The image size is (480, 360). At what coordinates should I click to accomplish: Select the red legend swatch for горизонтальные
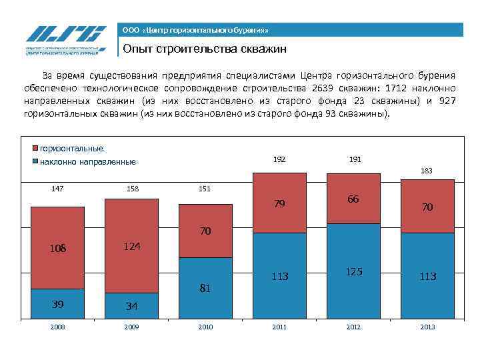coord(35,149)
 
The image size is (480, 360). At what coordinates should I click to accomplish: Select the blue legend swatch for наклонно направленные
coord(35,161)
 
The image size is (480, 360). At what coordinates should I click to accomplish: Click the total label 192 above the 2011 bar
coord(279,160)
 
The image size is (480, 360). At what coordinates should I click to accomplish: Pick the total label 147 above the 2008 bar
coord(57,189)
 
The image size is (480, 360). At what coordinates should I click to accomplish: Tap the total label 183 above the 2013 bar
coord(427,171)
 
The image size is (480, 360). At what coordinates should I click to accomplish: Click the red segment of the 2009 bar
coord(131,227)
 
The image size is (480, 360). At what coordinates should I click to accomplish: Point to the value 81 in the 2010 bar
coord(205,289)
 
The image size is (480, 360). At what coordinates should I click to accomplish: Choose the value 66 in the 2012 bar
coord(353,199)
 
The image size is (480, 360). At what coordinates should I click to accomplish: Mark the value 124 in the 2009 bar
coord(131,247)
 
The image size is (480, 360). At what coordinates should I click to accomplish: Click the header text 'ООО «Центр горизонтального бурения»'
coord(195,31)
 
